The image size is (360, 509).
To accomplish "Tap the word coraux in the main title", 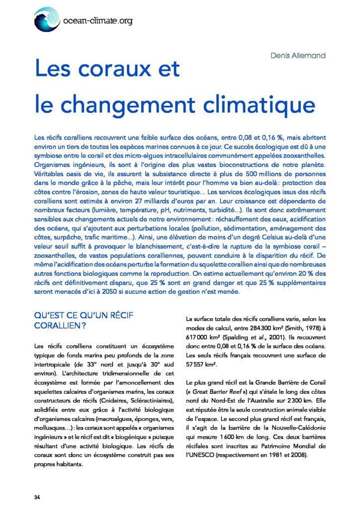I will tap(115, 69).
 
